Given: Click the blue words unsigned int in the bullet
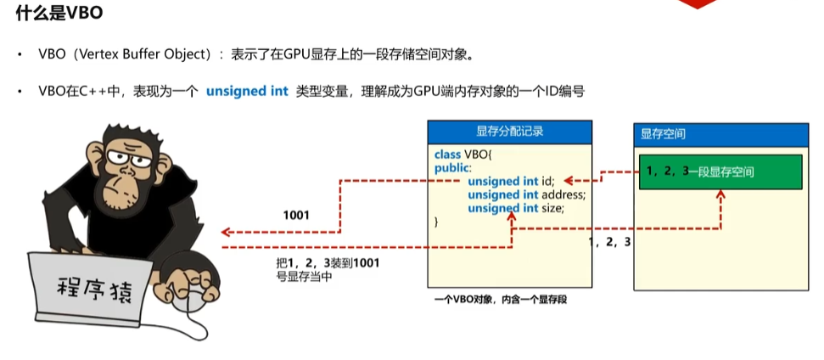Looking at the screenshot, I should (247, 91).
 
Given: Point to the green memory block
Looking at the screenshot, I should (720, 172).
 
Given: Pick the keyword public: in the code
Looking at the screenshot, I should (451, 168).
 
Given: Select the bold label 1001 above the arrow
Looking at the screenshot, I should (296, 216).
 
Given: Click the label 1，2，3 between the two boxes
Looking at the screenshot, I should (609, 243).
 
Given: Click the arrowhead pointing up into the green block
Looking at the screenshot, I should (720, 196).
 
